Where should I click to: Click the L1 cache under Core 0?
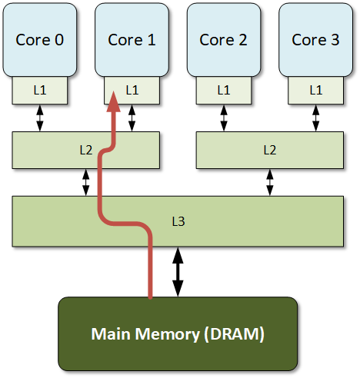click(39, 90)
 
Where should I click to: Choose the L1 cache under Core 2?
click(223, 90)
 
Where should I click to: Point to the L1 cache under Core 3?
click(315, 90)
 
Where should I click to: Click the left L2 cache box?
click(62, 150)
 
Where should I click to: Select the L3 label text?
click(178, 221)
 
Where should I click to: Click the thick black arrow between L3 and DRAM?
click(178, 272)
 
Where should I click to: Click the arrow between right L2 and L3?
click(269, 182)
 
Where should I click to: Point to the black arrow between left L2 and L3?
click(85, 182)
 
